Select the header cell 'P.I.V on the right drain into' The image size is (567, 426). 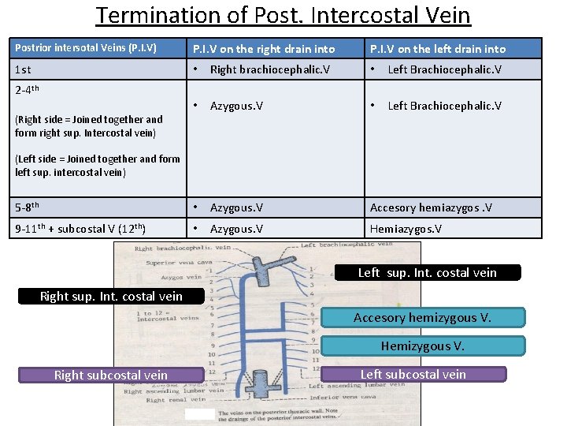click(x=264, y=49)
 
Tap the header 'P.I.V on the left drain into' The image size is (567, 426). click(x=438, y=49)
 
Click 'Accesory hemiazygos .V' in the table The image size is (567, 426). click(x=432, y=207)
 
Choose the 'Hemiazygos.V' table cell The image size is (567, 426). click(x=406, y=228)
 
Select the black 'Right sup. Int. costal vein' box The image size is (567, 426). click(x=111, y=297)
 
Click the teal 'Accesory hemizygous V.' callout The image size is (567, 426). click(x=422, y=318)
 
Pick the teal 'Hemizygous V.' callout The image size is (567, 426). click(x=422, y=346)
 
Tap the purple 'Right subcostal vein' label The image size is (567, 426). click(x=110, y=376)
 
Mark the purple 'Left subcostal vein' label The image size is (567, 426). click(x=413, y=375)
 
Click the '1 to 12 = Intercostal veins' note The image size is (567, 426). click(x=154, y=317)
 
